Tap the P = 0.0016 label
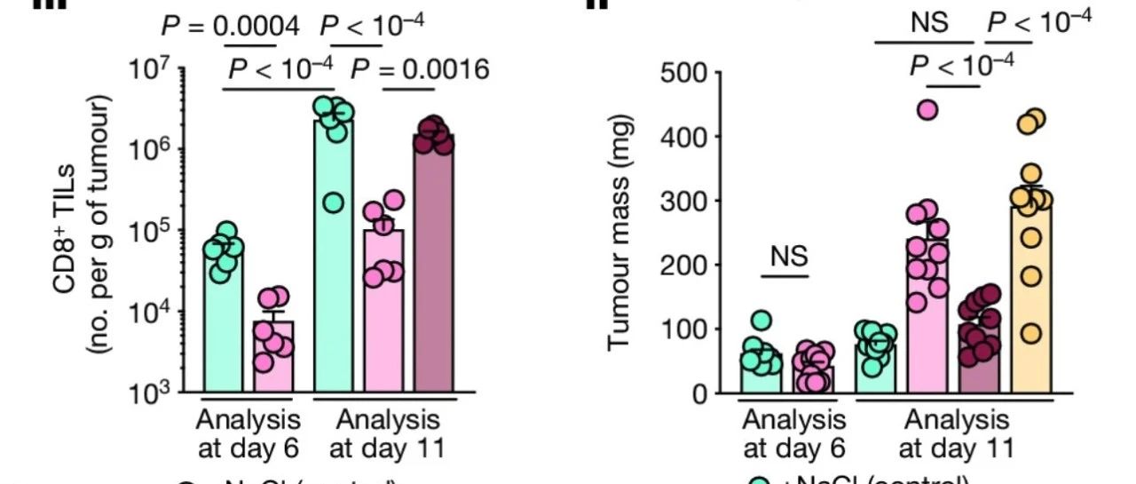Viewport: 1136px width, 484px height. (421, 68)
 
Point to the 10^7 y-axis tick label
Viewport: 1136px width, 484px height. (146, 69)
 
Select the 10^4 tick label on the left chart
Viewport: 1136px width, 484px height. (146, 312)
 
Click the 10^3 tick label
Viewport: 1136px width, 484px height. (146, 393)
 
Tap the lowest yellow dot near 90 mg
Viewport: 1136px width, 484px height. (1030, 333)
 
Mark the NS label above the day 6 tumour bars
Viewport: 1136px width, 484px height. (788, 257)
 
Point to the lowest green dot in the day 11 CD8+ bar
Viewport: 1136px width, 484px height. (334, 203)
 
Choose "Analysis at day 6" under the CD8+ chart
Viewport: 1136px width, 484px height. (248, 431)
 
